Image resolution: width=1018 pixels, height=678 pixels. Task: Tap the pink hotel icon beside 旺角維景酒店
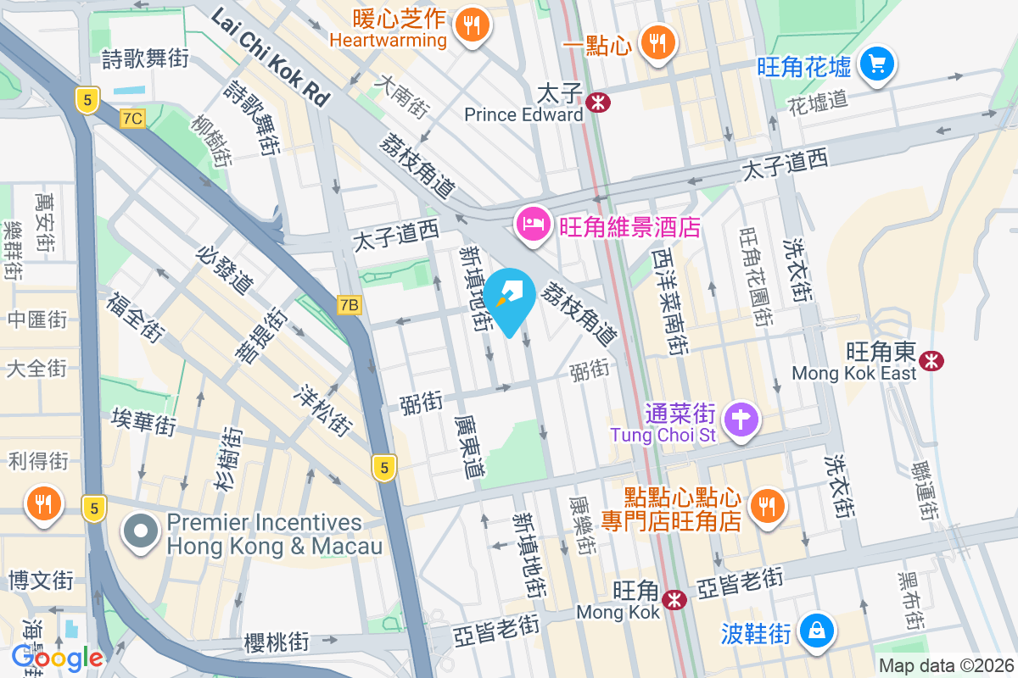point(532,225)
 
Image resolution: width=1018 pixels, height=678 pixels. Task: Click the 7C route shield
point(132,119)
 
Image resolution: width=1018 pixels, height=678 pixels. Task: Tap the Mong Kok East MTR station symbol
point(931,360)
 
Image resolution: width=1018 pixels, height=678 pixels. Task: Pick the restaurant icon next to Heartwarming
point(473,24)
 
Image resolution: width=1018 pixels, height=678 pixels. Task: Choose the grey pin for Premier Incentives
point(140,532)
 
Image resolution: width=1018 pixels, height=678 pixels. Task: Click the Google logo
point(57,657)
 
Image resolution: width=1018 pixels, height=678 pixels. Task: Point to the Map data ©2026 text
point(945,666)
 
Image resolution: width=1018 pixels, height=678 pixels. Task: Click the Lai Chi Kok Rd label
point(270,57)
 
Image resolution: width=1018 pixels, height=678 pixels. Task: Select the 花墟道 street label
point(817,103)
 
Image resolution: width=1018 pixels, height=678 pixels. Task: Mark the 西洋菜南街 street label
point(669,301)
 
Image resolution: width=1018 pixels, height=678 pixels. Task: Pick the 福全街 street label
point(135,318)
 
